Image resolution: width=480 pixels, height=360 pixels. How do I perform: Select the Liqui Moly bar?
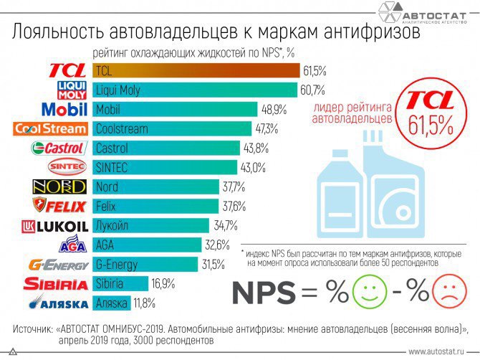195,90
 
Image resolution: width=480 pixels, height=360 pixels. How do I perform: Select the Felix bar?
156,207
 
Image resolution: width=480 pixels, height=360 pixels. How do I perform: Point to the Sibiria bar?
120,283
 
